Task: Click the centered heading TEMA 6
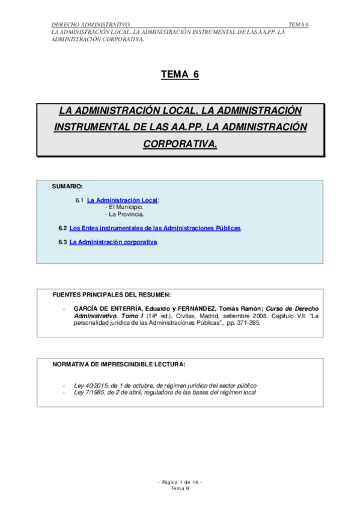point(180,75)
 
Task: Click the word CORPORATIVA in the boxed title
point(180,144)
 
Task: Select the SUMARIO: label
point(67,187)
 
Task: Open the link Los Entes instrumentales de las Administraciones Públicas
point(155,229)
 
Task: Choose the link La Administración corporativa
point(113,242)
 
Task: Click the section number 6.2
point(63,229)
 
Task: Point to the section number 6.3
point(63,242)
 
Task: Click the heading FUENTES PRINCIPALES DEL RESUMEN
point(112,295)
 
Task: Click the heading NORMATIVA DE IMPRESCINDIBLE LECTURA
point(119,364)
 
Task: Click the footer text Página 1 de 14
point(180,482)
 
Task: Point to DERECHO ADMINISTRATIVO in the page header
point(90,24)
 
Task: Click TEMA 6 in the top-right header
point(298,24)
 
